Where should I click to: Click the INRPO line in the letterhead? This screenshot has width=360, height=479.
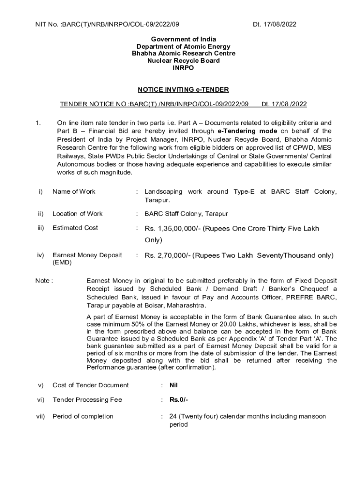click(183, 68)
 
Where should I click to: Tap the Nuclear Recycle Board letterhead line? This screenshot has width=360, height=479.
click(183, 61)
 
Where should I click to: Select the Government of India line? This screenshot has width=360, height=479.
click(183, 39)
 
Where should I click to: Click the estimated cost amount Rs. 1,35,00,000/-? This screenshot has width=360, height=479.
click(173, 229)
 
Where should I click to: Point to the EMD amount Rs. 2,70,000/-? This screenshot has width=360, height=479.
click(167, 256)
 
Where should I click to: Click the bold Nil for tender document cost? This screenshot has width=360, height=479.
click(174, 385)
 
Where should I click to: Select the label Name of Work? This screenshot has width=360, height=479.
click(74, 192)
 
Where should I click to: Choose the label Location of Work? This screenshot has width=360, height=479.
click(78, 214)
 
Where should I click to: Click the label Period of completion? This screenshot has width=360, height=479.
click(83, 416)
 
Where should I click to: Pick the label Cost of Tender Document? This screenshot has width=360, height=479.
click(90, 385)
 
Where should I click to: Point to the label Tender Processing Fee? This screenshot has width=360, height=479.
click(87, 400)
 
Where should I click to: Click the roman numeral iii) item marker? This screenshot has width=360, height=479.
click(41, 228)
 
